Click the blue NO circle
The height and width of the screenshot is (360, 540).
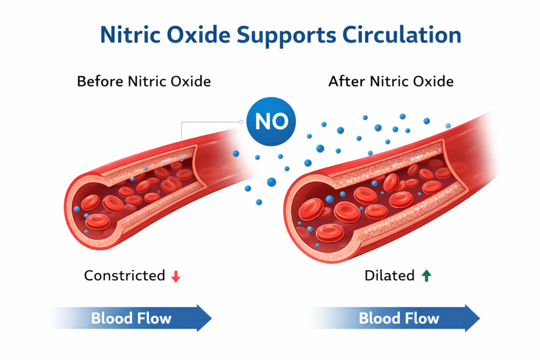(271, 120)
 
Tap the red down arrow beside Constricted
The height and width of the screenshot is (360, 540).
(176, 276)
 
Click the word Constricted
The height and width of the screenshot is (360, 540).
(124, 276)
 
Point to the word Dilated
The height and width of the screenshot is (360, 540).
(389, 276)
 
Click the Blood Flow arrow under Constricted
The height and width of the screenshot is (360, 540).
(131, 318)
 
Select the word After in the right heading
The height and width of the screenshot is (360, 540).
(345, 82)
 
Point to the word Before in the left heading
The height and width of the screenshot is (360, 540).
(97, 82)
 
